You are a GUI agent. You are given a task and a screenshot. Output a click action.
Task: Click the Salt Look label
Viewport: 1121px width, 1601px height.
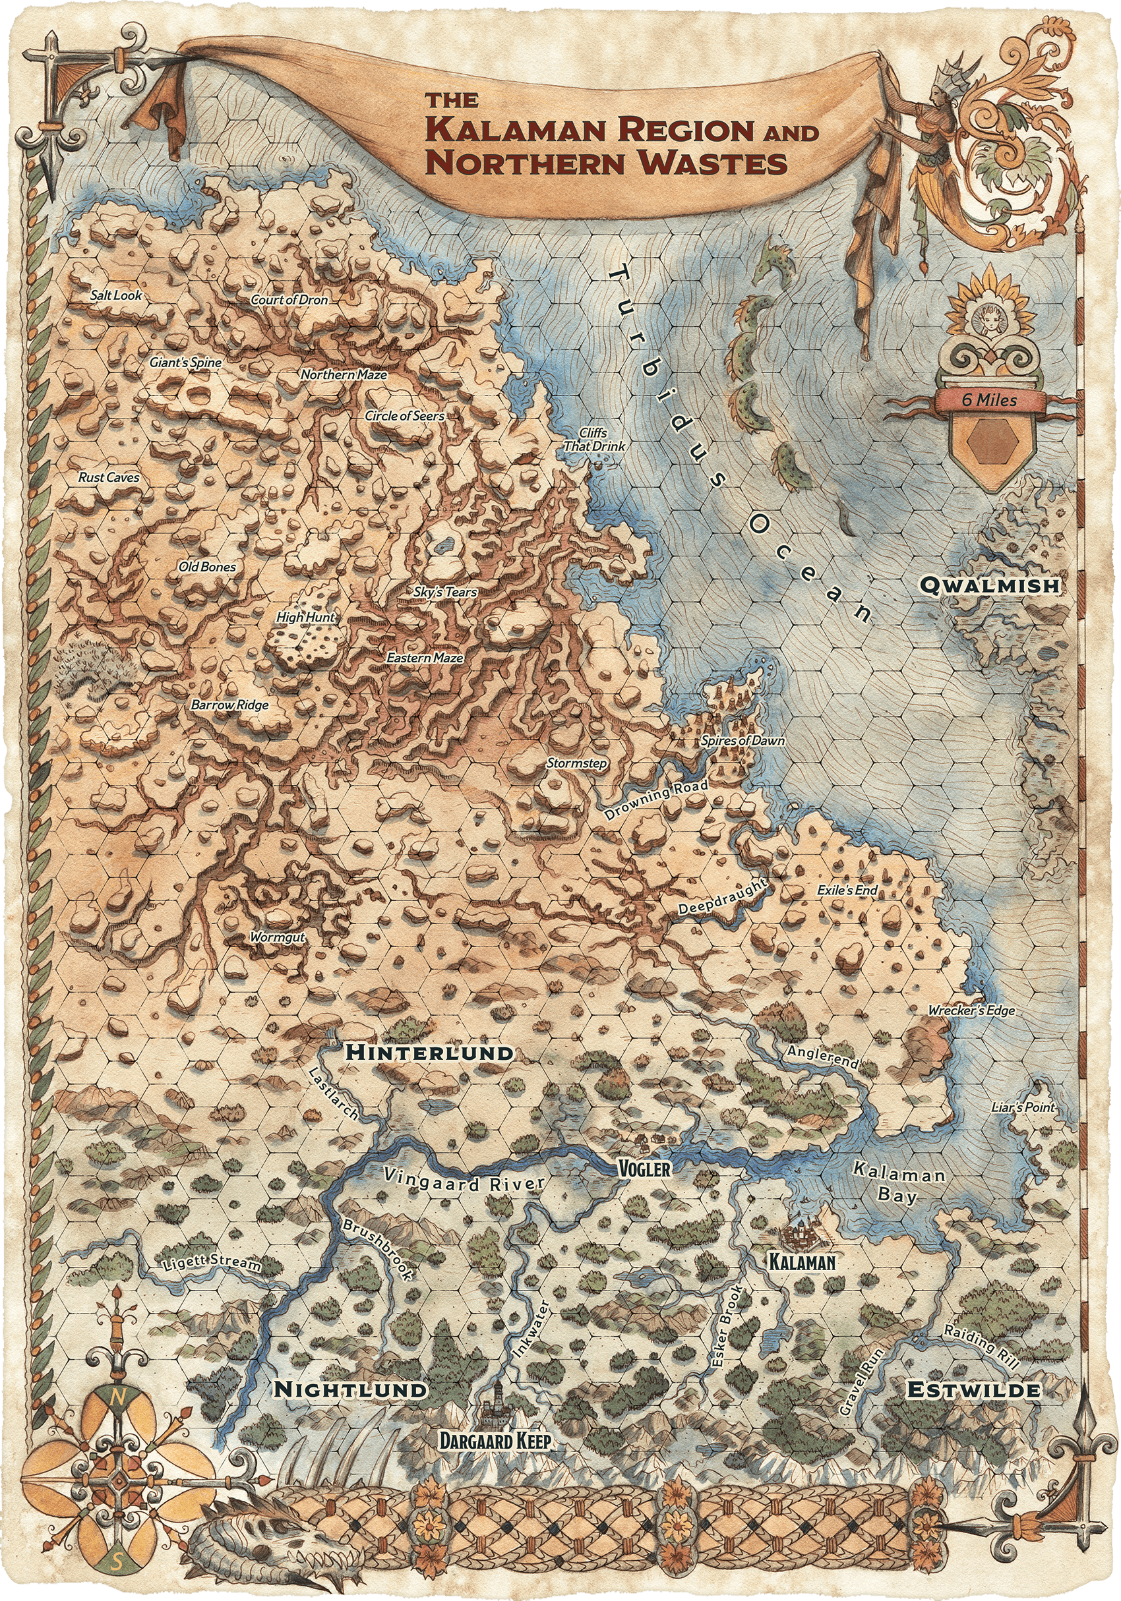tap(116, 296)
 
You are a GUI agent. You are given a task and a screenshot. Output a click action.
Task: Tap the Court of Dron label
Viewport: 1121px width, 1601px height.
tap(289, 300)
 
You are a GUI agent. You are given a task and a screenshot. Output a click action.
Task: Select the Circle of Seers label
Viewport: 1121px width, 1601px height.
tap(405, 416)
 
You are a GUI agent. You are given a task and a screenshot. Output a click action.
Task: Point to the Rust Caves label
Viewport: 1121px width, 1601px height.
tap(109, 478)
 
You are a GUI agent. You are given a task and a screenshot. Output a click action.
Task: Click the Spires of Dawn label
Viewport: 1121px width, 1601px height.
tap(742, 741)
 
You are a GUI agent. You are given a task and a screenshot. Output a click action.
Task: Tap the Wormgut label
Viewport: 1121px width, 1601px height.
tap(277, 937)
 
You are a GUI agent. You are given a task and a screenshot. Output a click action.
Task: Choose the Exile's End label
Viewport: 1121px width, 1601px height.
tap(847, 890)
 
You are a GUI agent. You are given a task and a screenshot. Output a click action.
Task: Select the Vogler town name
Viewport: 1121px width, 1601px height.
tap(644, 1169)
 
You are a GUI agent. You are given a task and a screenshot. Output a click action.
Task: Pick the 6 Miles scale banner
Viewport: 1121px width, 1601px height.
tap(988, 400)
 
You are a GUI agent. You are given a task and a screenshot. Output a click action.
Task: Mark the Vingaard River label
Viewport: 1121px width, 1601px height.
tap(464, 1180)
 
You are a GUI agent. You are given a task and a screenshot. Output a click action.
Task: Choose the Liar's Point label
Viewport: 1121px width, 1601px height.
tap(1023, 1107)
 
